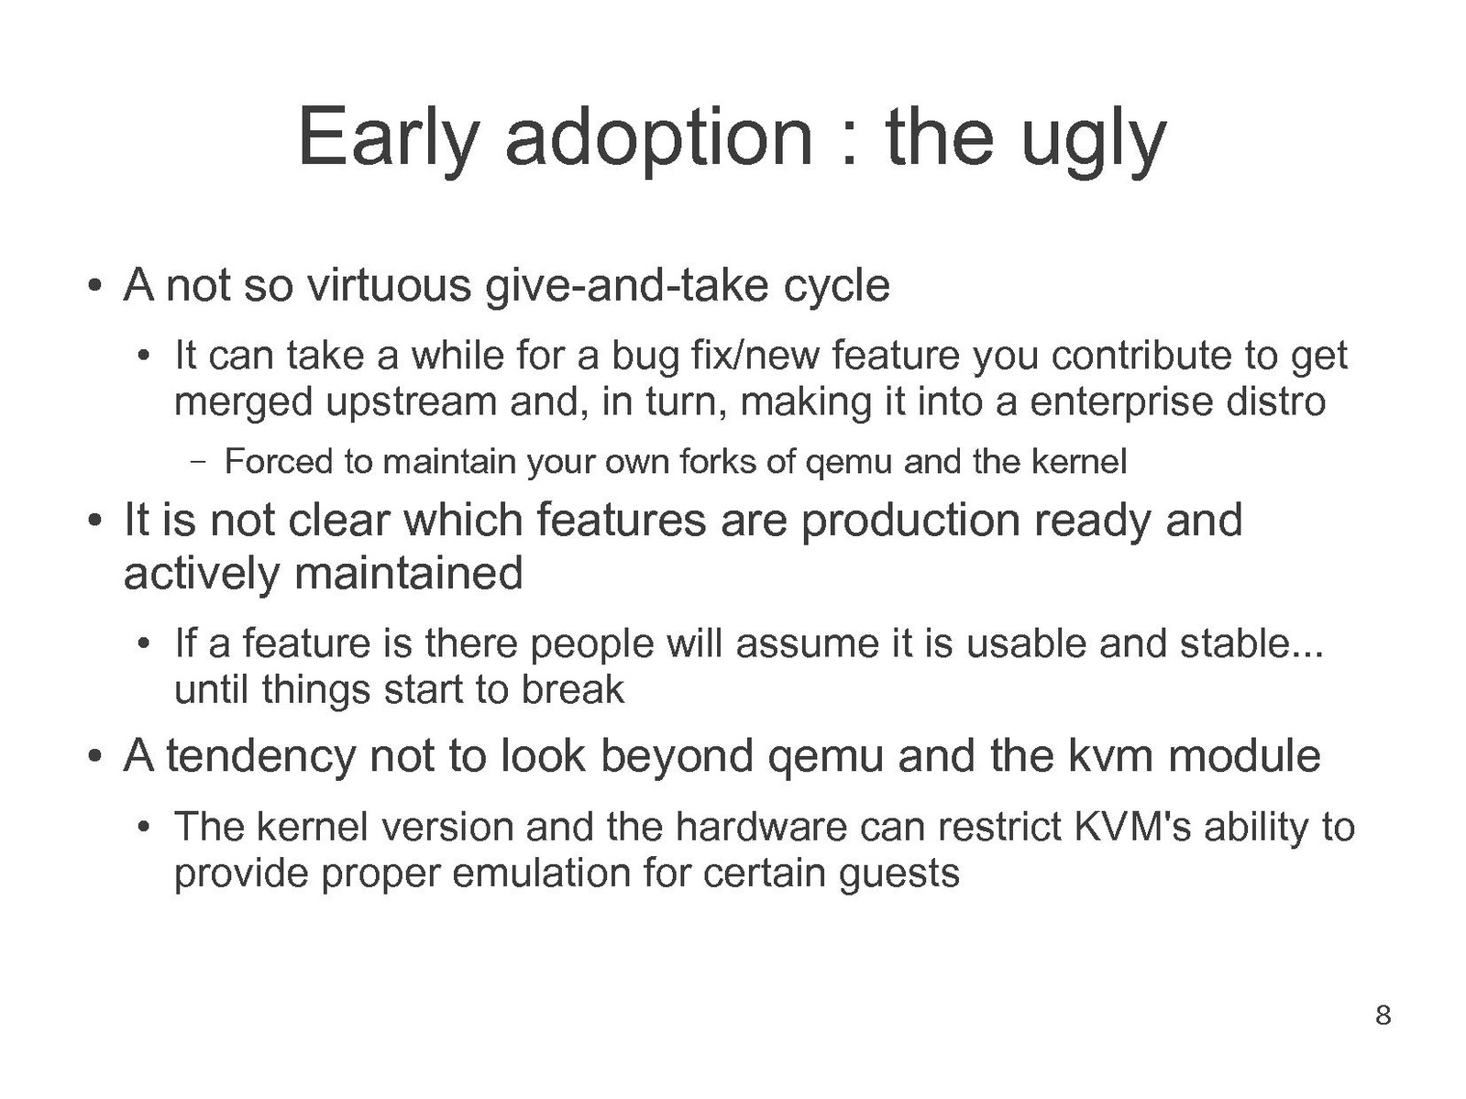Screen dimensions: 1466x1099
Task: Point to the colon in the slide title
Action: tap(849, 146)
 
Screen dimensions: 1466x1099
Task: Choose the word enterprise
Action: tap(1120, 403)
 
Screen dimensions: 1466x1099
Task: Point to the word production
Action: tap(909, 522)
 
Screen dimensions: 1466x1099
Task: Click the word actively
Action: tap(201, 575)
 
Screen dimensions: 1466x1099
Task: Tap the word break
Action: tap(572, 689)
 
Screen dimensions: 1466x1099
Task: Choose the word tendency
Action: tap(260, 757)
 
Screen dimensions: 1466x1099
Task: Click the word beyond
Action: tap(676, 757)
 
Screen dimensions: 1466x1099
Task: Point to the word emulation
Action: tap(542, 874)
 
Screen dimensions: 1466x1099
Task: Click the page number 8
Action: tap(1383, 1015)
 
